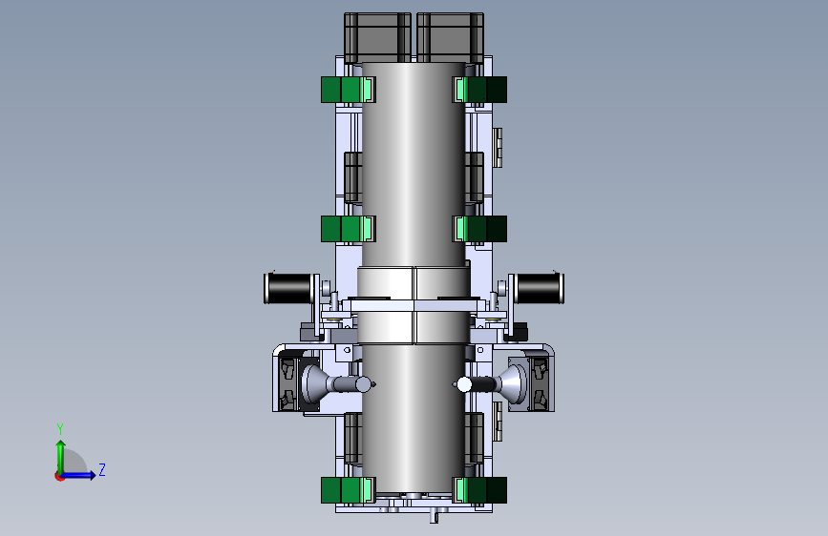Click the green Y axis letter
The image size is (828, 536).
(60, 428)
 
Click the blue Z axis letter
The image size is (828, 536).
(102, 469)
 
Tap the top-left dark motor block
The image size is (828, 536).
(377, 37)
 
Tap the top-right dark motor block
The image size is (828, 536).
(451, 37)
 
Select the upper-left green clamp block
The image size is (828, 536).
(348, 89)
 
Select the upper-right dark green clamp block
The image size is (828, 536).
(479, 89)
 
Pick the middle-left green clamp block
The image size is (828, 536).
(348, 229)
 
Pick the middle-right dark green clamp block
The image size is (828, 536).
(479, 229)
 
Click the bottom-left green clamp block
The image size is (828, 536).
(348, 490)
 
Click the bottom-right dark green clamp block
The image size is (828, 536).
(479, 490)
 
